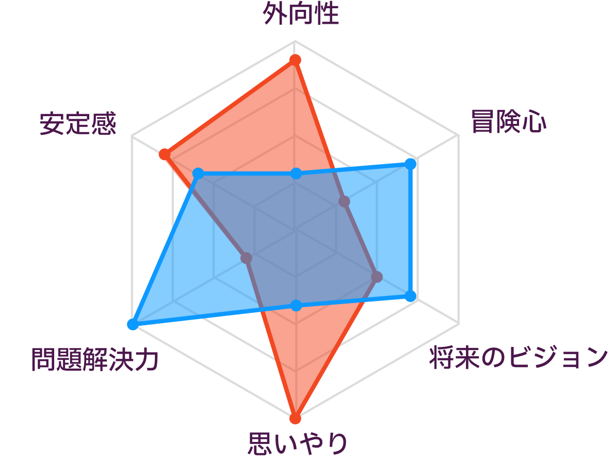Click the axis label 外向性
click(301, 14)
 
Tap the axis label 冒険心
click(509, 121)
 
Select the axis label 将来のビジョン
click(519, 357)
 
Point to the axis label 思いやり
click(298, 443)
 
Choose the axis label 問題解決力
click(95, 359)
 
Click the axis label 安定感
click(78, 123)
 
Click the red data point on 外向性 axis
click(295, 60)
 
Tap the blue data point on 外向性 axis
click(296, 173)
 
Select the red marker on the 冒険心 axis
click(344, 202)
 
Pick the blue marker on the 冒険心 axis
click(410, 164)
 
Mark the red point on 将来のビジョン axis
click(377, 277)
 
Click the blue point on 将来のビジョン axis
click(410, 296)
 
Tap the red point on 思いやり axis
click(295, 418)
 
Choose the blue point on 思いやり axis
click(296, 305)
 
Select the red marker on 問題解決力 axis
click(246, 258)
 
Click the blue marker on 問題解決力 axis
click(133, 324)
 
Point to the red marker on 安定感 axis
click(165, 154)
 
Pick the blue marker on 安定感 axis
click(198, 173)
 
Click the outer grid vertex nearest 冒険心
click(459, 136)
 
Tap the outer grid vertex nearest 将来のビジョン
click(459, 324)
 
